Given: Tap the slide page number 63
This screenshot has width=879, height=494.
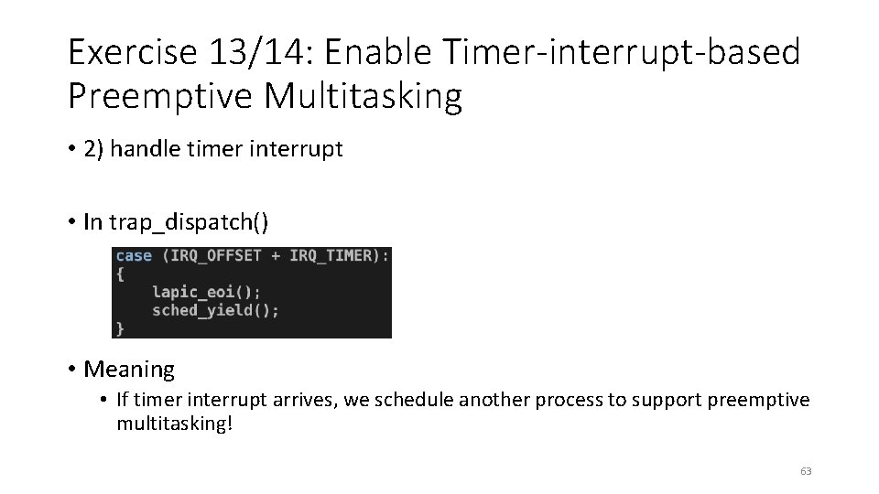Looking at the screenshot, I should (x=806, y=471).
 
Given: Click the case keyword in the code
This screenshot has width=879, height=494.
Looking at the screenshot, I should (x=134, y=256).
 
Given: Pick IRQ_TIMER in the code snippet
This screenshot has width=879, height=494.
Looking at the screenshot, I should (x=331, y=256).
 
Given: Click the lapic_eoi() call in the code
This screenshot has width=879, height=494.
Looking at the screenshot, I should (x=206, y=292).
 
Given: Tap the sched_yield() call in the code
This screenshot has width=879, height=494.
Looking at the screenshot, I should (x=215, y=310).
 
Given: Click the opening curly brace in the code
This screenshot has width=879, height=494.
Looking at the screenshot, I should (x=120, y=274).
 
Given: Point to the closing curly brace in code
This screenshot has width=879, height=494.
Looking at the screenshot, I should (x=120, y=328).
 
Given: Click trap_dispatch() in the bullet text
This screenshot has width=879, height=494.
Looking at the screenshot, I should (x=189, y=222).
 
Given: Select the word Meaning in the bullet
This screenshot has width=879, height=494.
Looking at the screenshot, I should (x=129, y=370).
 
